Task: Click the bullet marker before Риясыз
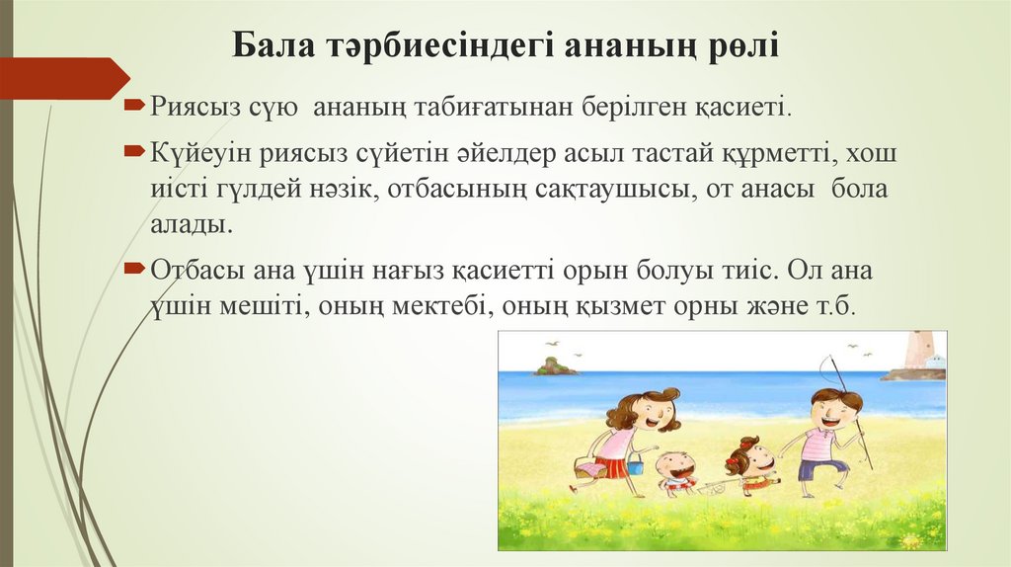134,103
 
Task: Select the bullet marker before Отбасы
134,269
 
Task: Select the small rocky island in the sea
555,367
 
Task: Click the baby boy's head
676,465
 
